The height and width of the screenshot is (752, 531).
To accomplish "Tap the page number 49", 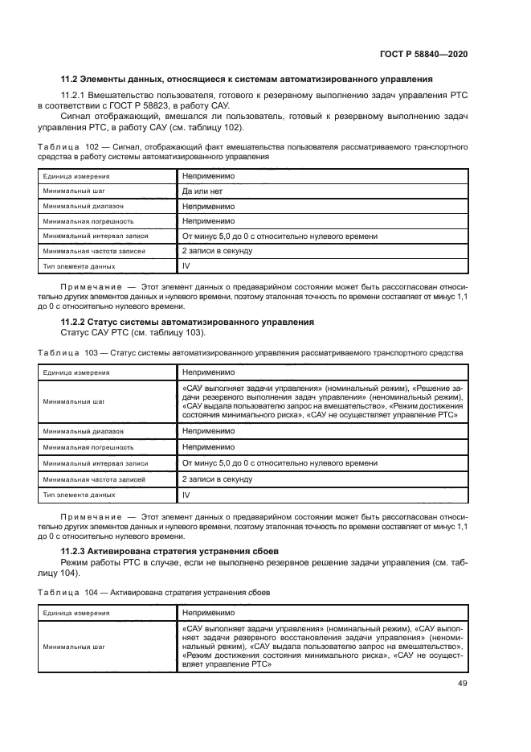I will pos(462,684).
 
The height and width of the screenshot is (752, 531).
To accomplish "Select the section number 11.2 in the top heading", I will pos(70,79).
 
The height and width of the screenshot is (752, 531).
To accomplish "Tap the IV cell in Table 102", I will pos(186,265).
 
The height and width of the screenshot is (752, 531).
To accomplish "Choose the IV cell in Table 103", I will pos(186,495).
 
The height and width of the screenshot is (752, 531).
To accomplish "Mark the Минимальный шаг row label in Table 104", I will pos(75,645).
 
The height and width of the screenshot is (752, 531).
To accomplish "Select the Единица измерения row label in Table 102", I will pos(77,176).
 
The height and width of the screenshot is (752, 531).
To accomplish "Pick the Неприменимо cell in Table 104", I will pos(208,612).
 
